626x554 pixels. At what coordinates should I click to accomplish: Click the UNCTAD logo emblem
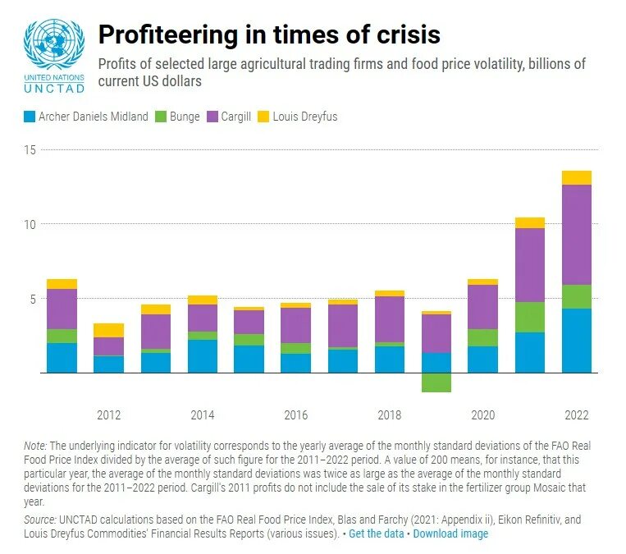[x=53, y=45]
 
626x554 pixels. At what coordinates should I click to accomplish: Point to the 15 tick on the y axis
[x=30, y=149]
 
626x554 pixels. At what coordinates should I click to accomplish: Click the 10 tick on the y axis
[x=30, y=224]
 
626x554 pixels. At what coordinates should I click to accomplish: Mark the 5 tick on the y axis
[x=32, y=299]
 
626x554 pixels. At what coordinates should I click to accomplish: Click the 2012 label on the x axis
[x=108, y=415]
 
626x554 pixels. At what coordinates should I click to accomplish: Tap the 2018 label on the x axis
[x=390, y=415]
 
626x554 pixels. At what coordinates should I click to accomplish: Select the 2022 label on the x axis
[x=577, y=415]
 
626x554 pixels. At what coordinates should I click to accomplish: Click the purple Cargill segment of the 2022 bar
[x=577, y=235]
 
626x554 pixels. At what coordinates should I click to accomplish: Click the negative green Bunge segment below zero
[x=436, y=382]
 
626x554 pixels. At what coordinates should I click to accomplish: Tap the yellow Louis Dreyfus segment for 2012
[x=108, y=330]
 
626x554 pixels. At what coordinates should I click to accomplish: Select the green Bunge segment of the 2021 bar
[x=530, y=317]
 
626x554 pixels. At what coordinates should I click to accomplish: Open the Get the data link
[x=377, y=533]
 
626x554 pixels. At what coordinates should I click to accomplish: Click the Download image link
[x=450, y=533]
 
